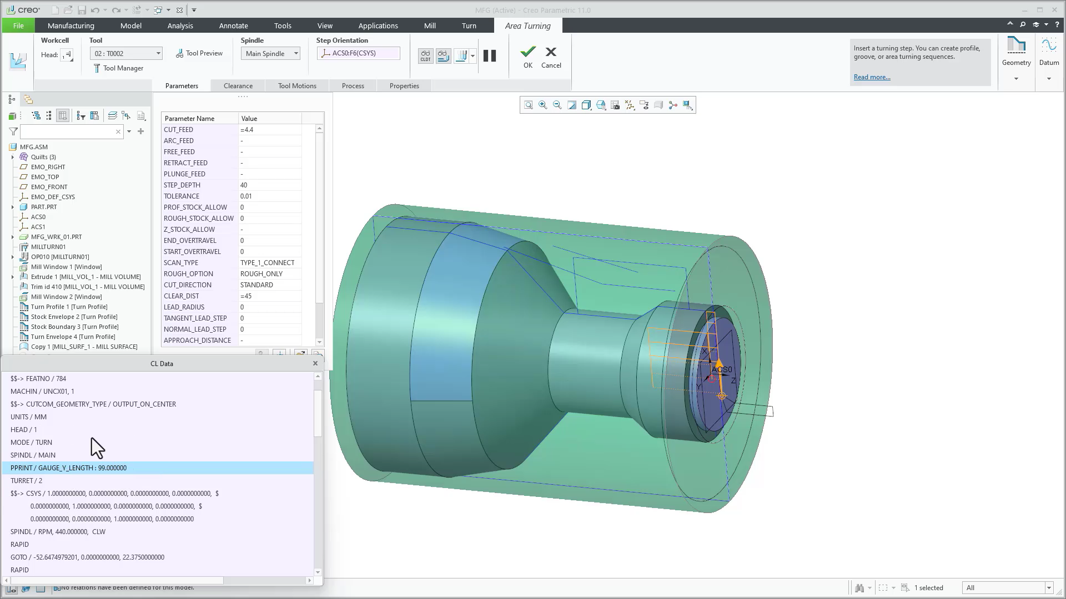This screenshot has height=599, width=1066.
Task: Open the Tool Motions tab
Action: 297,86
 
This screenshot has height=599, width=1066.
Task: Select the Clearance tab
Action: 238,86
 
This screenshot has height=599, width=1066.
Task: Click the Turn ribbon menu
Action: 469,26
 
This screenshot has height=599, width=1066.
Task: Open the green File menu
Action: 18,26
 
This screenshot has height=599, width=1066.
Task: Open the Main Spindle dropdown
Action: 270,54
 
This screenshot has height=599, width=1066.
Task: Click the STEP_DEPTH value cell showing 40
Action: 270,185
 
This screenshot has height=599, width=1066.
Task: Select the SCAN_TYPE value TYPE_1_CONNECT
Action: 267,263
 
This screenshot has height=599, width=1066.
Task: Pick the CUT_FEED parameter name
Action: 178,130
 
